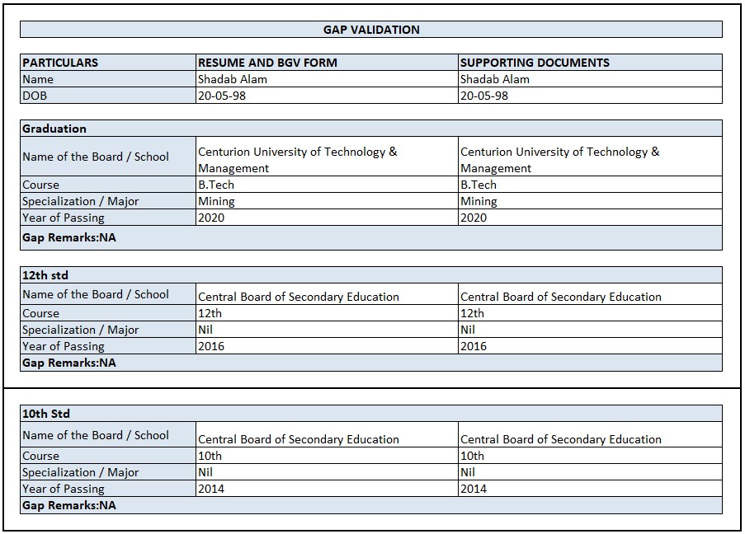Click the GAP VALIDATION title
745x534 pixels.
371,30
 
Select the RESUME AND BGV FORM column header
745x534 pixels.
267,63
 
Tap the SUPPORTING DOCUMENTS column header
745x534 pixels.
535,63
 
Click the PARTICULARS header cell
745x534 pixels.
60,63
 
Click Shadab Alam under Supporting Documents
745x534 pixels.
495,79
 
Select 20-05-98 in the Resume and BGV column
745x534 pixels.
222,96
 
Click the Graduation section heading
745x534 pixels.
54,129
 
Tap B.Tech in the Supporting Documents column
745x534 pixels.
479,185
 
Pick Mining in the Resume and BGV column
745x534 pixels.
216,201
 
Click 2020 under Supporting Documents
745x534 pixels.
474,218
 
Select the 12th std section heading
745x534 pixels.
45,275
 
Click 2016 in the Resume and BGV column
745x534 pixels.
211,346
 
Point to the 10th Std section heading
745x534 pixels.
46,414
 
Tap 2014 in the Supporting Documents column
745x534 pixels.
474,489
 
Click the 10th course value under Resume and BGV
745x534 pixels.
210,456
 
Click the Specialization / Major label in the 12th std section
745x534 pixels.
80,330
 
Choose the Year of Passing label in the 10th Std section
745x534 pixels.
64,489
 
